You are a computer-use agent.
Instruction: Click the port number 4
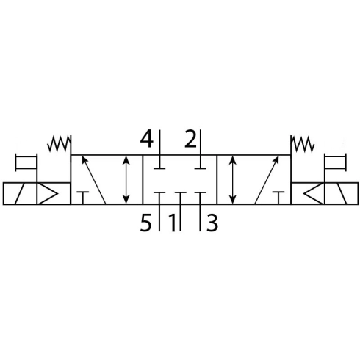click(x=147, y=140)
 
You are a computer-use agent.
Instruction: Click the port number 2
click(x=191, y=139)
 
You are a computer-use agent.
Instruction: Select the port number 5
click(x=145, y=223)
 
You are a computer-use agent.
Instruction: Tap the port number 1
click(x=173, y=223)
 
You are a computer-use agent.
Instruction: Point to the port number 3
click(x=212, y=223)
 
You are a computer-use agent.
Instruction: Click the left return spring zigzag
click(x=59, y=144)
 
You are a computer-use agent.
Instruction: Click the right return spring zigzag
click(x=302, y=144)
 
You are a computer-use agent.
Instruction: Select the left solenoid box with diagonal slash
click(x=20, y=193)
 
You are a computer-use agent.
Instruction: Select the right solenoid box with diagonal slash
click(x=341, y=193)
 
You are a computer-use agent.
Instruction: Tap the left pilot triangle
click(x=48, y=193)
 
